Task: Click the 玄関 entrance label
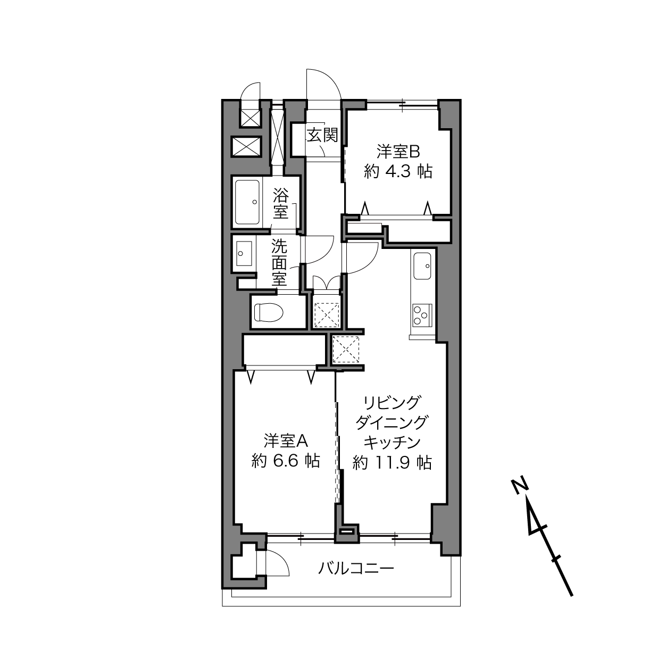[322, 135]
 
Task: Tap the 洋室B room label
[398, 152]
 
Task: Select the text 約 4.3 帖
[398, 171]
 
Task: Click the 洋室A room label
[286, 440]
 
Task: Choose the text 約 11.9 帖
[392, 462]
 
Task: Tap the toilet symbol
[269, 312]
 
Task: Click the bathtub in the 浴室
[247, 202]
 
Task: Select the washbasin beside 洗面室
[244, 254]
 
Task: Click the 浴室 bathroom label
[281, 203]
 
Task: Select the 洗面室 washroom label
[279, 262]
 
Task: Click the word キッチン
[392, 443]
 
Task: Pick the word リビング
[392, 403]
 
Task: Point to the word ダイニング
[392, 423]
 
